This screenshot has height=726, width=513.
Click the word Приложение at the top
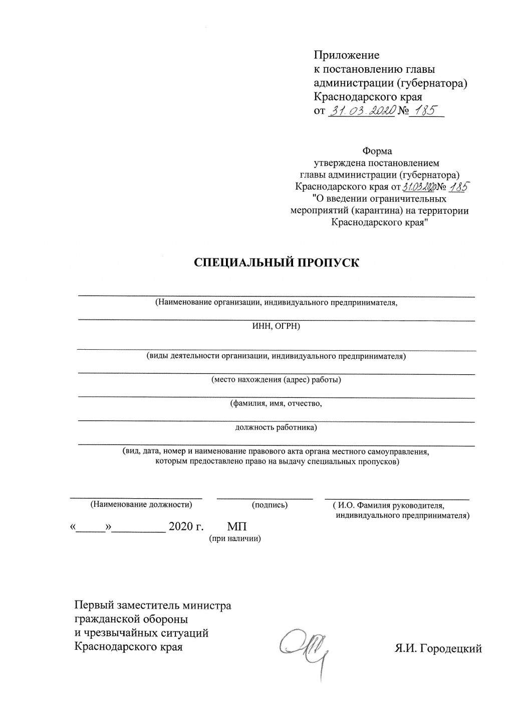(346, 55)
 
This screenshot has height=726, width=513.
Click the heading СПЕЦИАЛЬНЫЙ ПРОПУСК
(277, 263)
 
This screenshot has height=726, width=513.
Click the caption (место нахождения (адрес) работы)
(276, 380)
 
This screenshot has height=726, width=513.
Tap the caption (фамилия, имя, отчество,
(276, 403)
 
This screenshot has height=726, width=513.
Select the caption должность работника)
(276, 427)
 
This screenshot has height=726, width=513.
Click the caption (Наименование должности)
(141, 505)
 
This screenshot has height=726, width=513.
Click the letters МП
(237, 527)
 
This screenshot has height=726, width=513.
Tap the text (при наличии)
(235, 539)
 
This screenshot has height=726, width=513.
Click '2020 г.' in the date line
(186, 527)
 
